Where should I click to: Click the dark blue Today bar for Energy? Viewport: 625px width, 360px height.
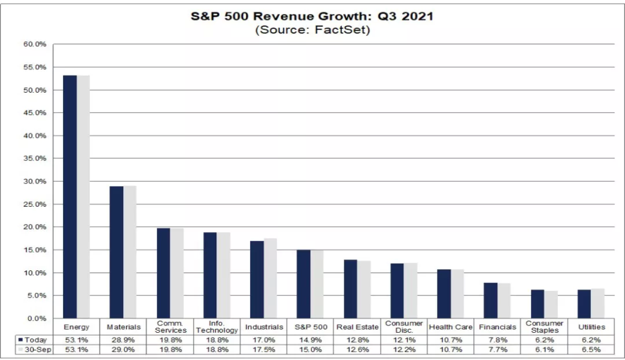[69, 197]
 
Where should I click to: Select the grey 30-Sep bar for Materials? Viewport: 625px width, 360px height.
[130, 252]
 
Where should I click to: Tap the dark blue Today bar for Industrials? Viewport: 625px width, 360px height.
[257, 280]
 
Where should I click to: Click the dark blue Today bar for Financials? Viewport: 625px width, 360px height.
[490, 300]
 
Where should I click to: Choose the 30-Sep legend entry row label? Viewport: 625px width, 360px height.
[32, 350]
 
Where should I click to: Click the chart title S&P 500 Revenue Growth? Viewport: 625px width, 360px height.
[312, 16]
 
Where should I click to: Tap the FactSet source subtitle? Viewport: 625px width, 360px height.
[312, 30]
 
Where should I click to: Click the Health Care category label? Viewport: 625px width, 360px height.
[451, 328]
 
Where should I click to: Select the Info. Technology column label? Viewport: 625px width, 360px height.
[216, 327]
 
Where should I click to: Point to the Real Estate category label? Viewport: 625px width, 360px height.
[357, 328]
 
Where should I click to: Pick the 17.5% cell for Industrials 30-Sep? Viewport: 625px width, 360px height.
[264, 350]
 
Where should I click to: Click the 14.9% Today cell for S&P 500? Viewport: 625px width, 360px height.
[311, 340]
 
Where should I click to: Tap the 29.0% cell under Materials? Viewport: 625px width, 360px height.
[123, 350]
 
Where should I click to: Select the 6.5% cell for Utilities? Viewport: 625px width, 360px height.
[591, 350]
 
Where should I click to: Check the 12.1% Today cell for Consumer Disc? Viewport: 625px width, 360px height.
[404, 340]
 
